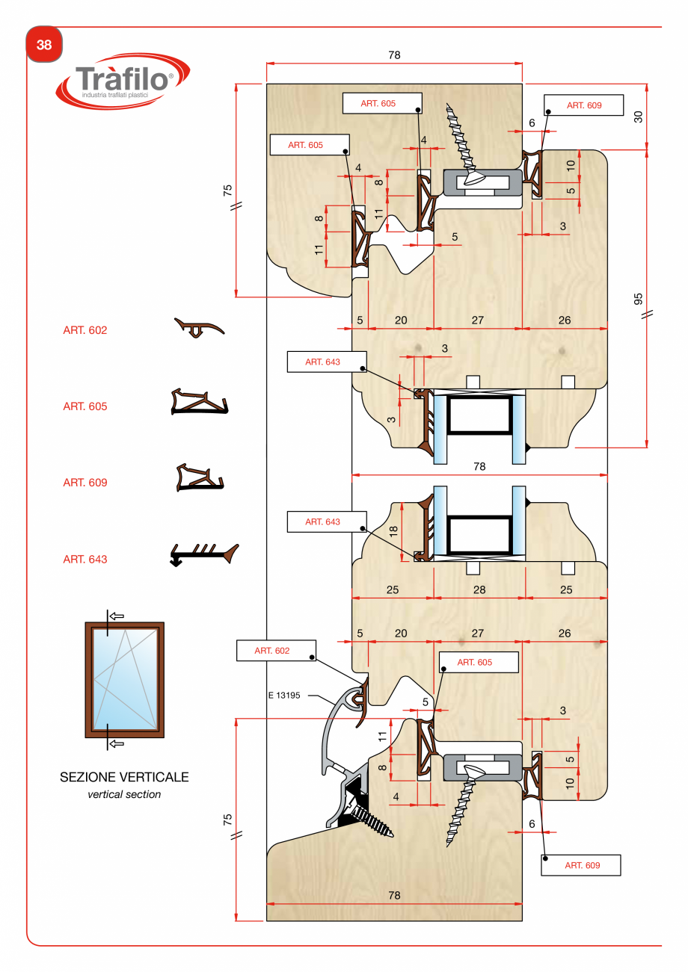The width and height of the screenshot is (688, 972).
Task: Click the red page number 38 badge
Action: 44,44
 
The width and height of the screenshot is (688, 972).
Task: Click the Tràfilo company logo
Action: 123,81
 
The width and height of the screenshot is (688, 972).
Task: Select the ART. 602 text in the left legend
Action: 85,330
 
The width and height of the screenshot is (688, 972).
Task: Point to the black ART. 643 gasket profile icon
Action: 204,554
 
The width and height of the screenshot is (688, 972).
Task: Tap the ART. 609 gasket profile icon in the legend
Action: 200,477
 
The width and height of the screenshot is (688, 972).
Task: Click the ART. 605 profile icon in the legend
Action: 200,402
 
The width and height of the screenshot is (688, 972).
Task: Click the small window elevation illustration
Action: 125,680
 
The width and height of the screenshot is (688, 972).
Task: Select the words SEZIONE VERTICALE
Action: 124,777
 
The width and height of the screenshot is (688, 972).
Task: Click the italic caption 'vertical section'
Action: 124,794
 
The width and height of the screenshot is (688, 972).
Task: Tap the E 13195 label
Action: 284,695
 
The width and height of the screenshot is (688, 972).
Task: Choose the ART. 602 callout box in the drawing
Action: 276,651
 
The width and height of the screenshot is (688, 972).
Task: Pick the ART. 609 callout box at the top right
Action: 584,105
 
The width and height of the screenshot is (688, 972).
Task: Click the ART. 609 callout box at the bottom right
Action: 581,865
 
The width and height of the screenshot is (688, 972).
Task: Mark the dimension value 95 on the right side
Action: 638,299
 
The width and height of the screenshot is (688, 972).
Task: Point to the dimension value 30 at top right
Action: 638,117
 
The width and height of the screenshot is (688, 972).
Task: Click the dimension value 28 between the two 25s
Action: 479,589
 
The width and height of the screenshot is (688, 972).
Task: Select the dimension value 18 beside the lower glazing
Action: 393,531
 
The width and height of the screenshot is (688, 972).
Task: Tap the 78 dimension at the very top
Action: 394,55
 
